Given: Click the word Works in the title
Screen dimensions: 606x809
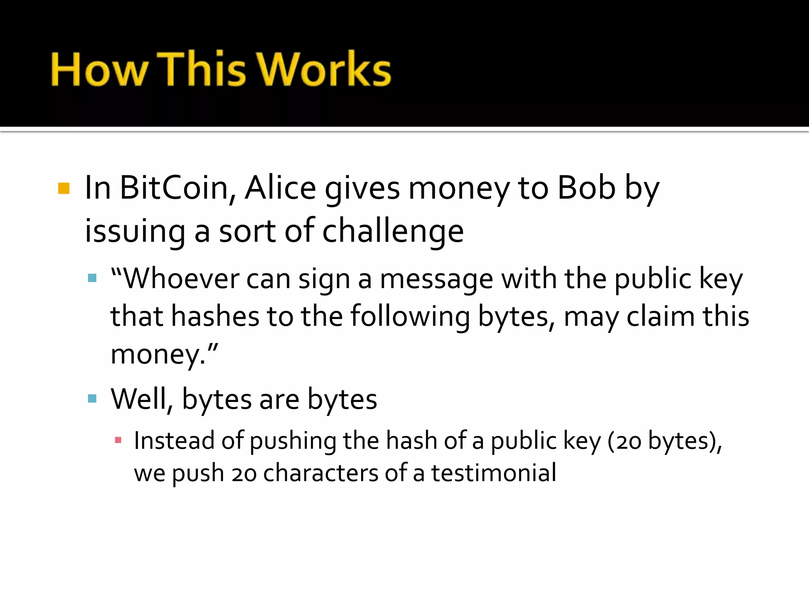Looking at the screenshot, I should pos(325,69).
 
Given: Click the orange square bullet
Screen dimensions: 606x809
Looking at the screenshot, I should pos(64,189).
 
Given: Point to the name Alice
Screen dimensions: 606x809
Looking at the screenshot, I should pos(280,188).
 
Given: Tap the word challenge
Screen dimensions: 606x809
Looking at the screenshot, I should pos(393,231).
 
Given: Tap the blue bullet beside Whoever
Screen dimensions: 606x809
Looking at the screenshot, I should pos(92,278).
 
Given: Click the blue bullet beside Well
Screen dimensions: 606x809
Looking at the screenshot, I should pos(92,398).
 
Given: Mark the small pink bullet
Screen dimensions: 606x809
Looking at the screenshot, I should pos(118,440).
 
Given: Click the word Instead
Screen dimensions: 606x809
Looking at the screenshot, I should pos(174,440).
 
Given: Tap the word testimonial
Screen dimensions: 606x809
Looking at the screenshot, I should pos(494,473).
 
